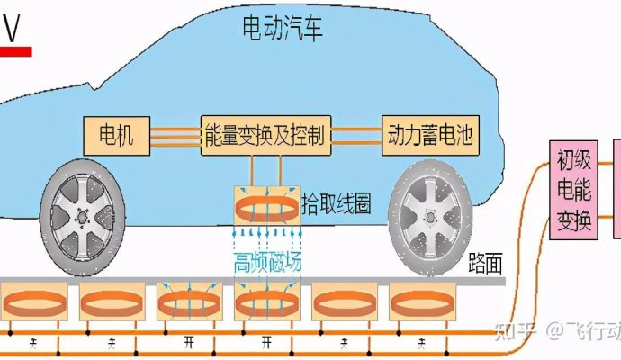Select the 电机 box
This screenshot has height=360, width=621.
pyautogui.click(x=115, y=136)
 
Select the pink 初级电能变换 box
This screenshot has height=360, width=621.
pyautogui.click(x=573, y=190)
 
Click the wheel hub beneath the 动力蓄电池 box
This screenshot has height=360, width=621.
pyautogui.click(x=427, y=219)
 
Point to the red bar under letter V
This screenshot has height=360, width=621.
pyautogui.click(x=15, y=51)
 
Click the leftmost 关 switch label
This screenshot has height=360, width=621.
pyautogui.click(x=34, y=342)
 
